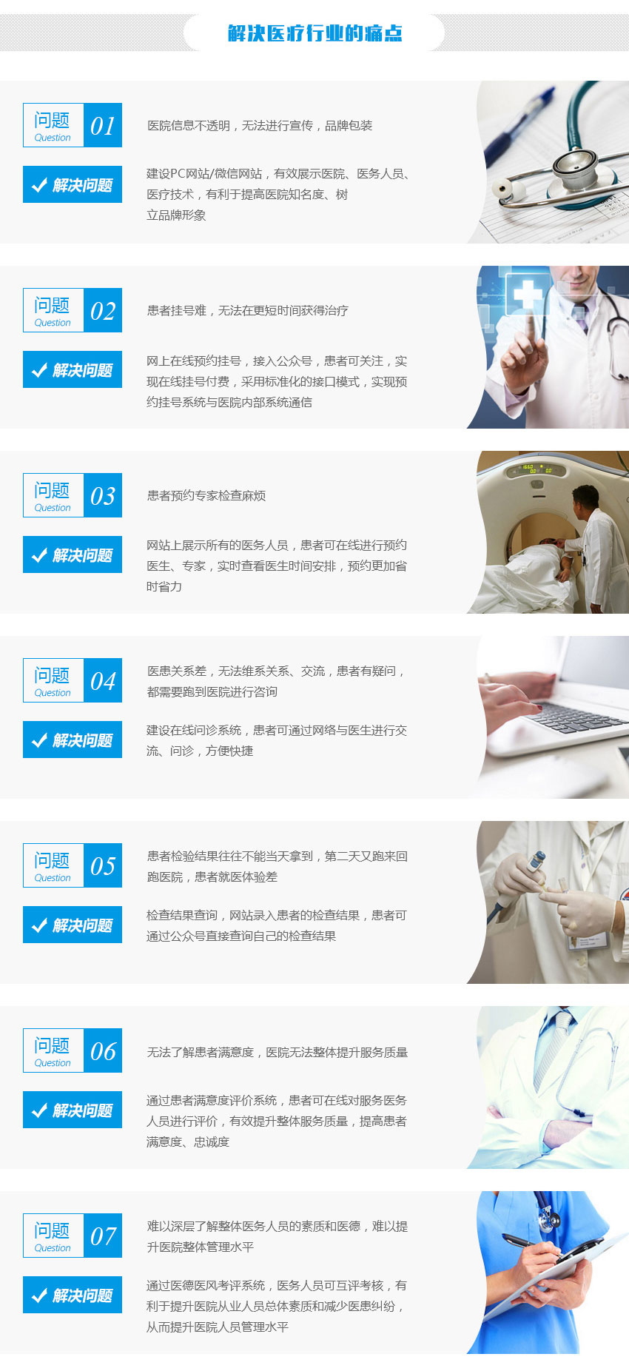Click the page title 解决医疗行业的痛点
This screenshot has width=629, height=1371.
tap(314, 33)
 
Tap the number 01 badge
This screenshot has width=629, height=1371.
tap(103, 126)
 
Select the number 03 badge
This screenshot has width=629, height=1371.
tap(103, 496)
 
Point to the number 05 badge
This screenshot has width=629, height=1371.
tap(103, 866)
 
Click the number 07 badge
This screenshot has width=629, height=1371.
tap(103, 1236)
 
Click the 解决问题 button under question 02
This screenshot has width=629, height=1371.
tap(73, 370)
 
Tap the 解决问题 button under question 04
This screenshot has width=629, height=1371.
tap(73, 740)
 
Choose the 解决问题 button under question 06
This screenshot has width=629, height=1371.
tap(73, 1110)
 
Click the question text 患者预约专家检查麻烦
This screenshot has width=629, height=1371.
tap(206, 496)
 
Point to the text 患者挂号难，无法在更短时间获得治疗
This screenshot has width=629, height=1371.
tap(247, 311)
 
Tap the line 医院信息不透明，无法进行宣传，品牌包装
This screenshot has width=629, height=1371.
tap(260, 126)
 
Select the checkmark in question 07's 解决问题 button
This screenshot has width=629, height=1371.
tap(39, 1295)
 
